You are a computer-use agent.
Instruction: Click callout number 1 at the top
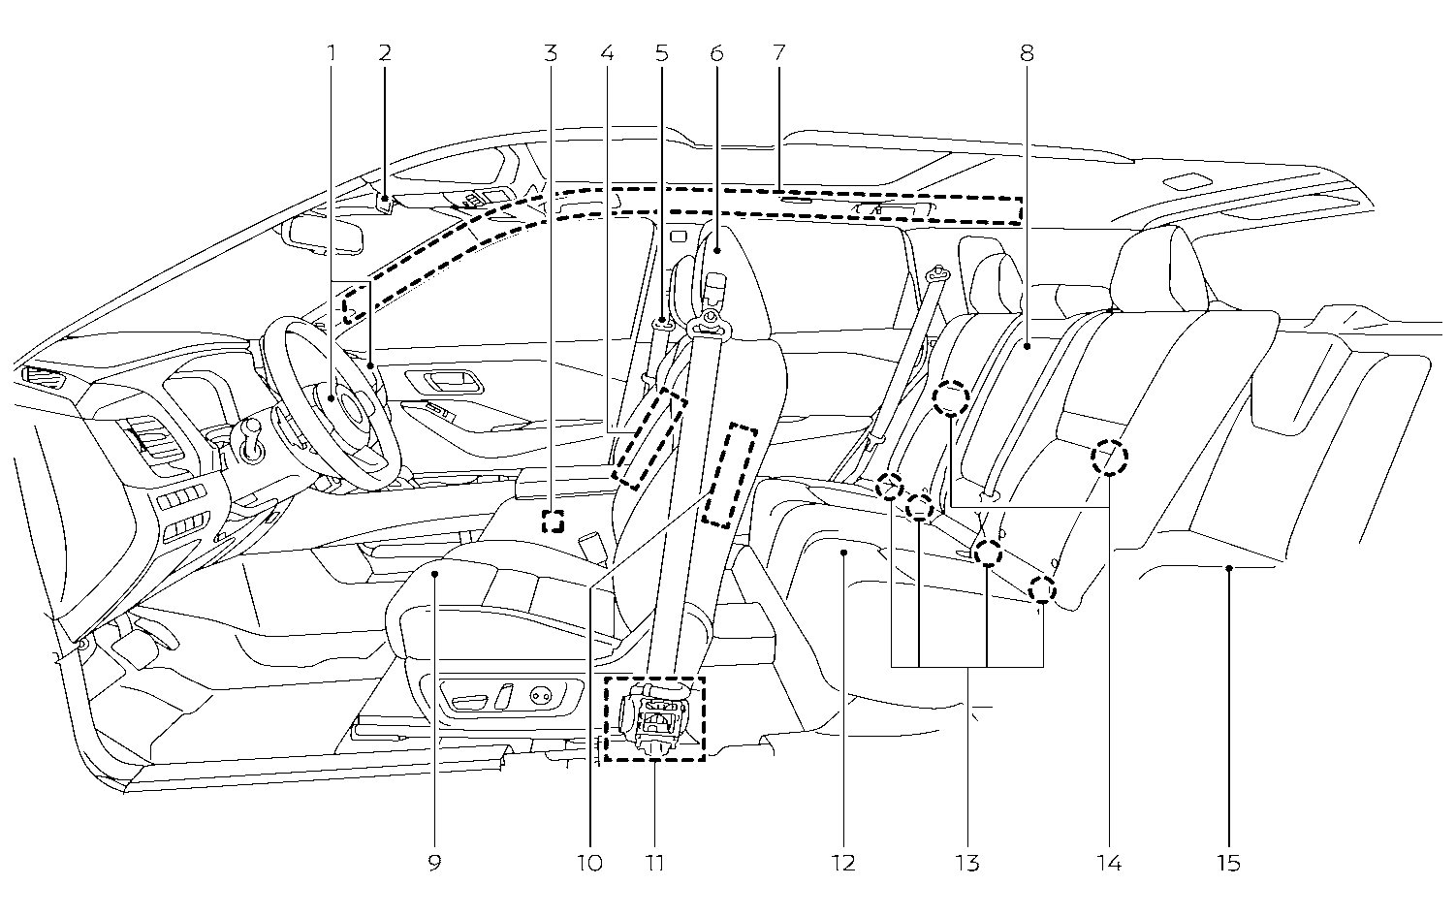tap(331, 52)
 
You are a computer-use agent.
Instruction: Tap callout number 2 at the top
tap(385, 52)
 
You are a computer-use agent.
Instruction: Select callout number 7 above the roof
tap(777, 52)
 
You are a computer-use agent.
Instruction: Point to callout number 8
tap(1027, 52)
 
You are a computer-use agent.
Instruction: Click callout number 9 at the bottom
tap(434, 862)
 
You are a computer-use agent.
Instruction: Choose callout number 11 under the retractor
tap(655, 862)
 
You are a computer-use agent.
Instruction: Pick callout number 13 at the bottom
tap(966, 862)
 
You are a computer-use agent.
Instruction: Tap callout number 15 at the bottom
tap(1227, 862)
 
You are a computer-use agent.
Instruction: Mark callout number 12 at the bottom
tap(843, 862)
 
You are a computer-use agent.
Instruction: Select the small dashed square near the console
tap(552, 522)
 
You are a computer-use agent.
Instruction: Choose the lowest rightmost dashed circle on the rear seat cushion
tap(1042, 588)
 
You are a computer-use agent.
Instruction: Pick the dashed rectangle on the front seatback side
tap(729, 475)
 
